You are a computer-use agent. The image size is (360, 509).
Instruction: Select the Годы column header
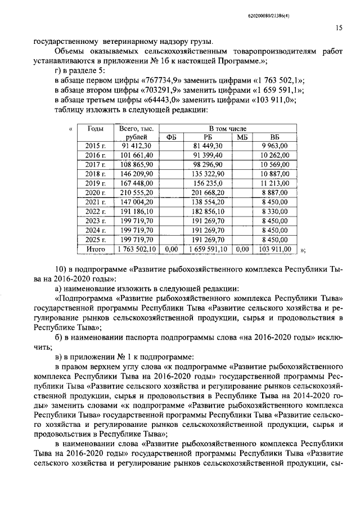click(x=95, y=129)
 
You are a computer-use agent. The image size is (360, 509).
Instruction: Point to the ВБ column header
click(x=274, y=137)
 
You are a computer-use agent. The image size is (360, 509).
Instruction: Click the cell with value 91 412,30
click(x=137, y=146)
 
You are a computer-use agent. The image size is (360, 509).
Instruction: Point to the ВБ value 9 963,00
click(x=276, y=146)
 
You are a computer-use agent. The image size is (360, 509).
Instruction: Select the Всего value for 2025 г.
click(x=137, y=238)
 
